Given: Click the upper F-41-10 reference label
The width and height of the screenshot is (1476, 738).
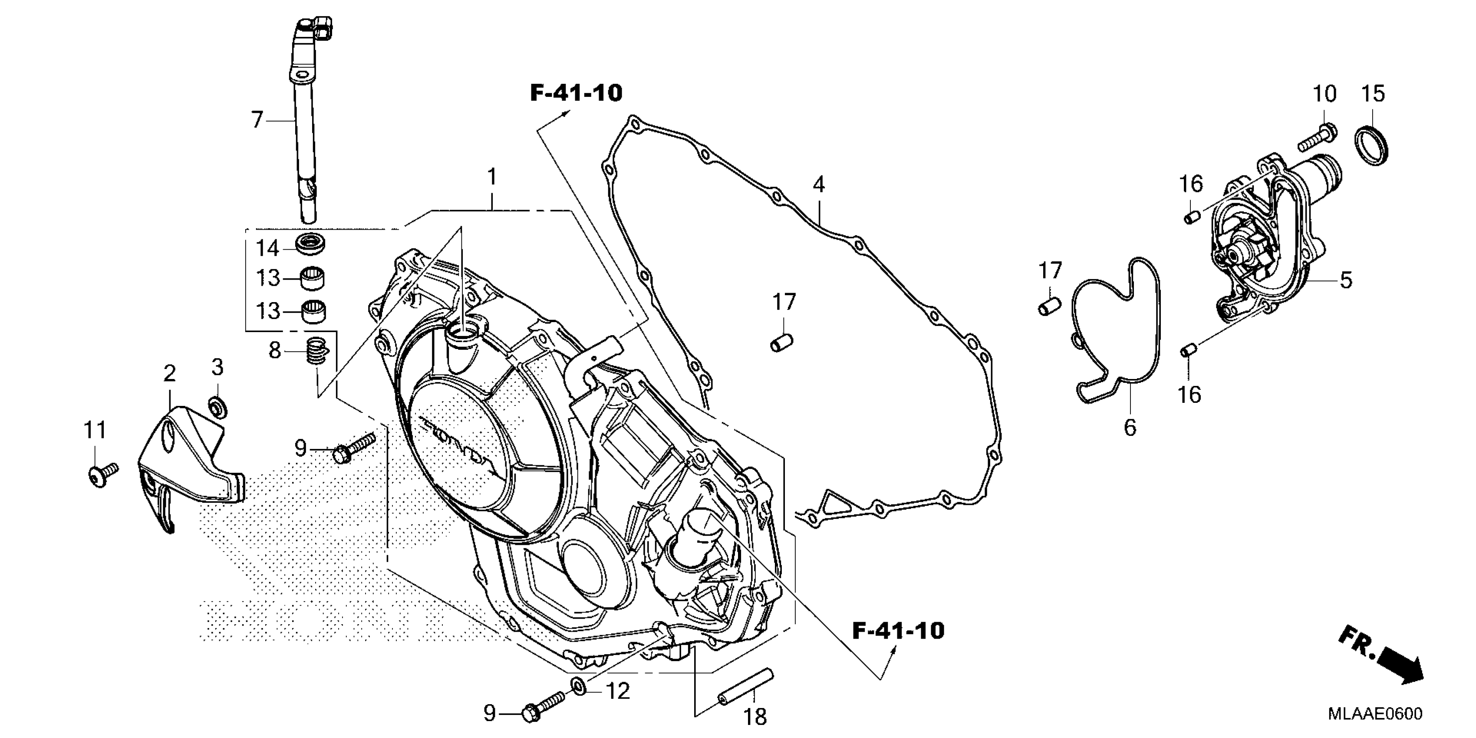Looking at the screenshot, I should point(576,93).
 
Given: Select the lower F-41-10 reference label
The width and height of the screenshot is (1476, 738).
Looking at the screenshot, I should point(898,631).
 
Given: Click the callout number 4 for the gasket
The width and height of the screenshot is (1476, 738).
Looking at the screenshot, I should point(819,185).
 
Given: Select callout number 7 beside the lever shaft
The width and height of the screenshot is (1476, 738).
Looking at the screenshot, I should point(257,120).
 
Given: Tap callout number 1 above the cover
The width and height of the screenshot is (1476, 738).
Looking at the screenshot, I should point(491,178).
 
